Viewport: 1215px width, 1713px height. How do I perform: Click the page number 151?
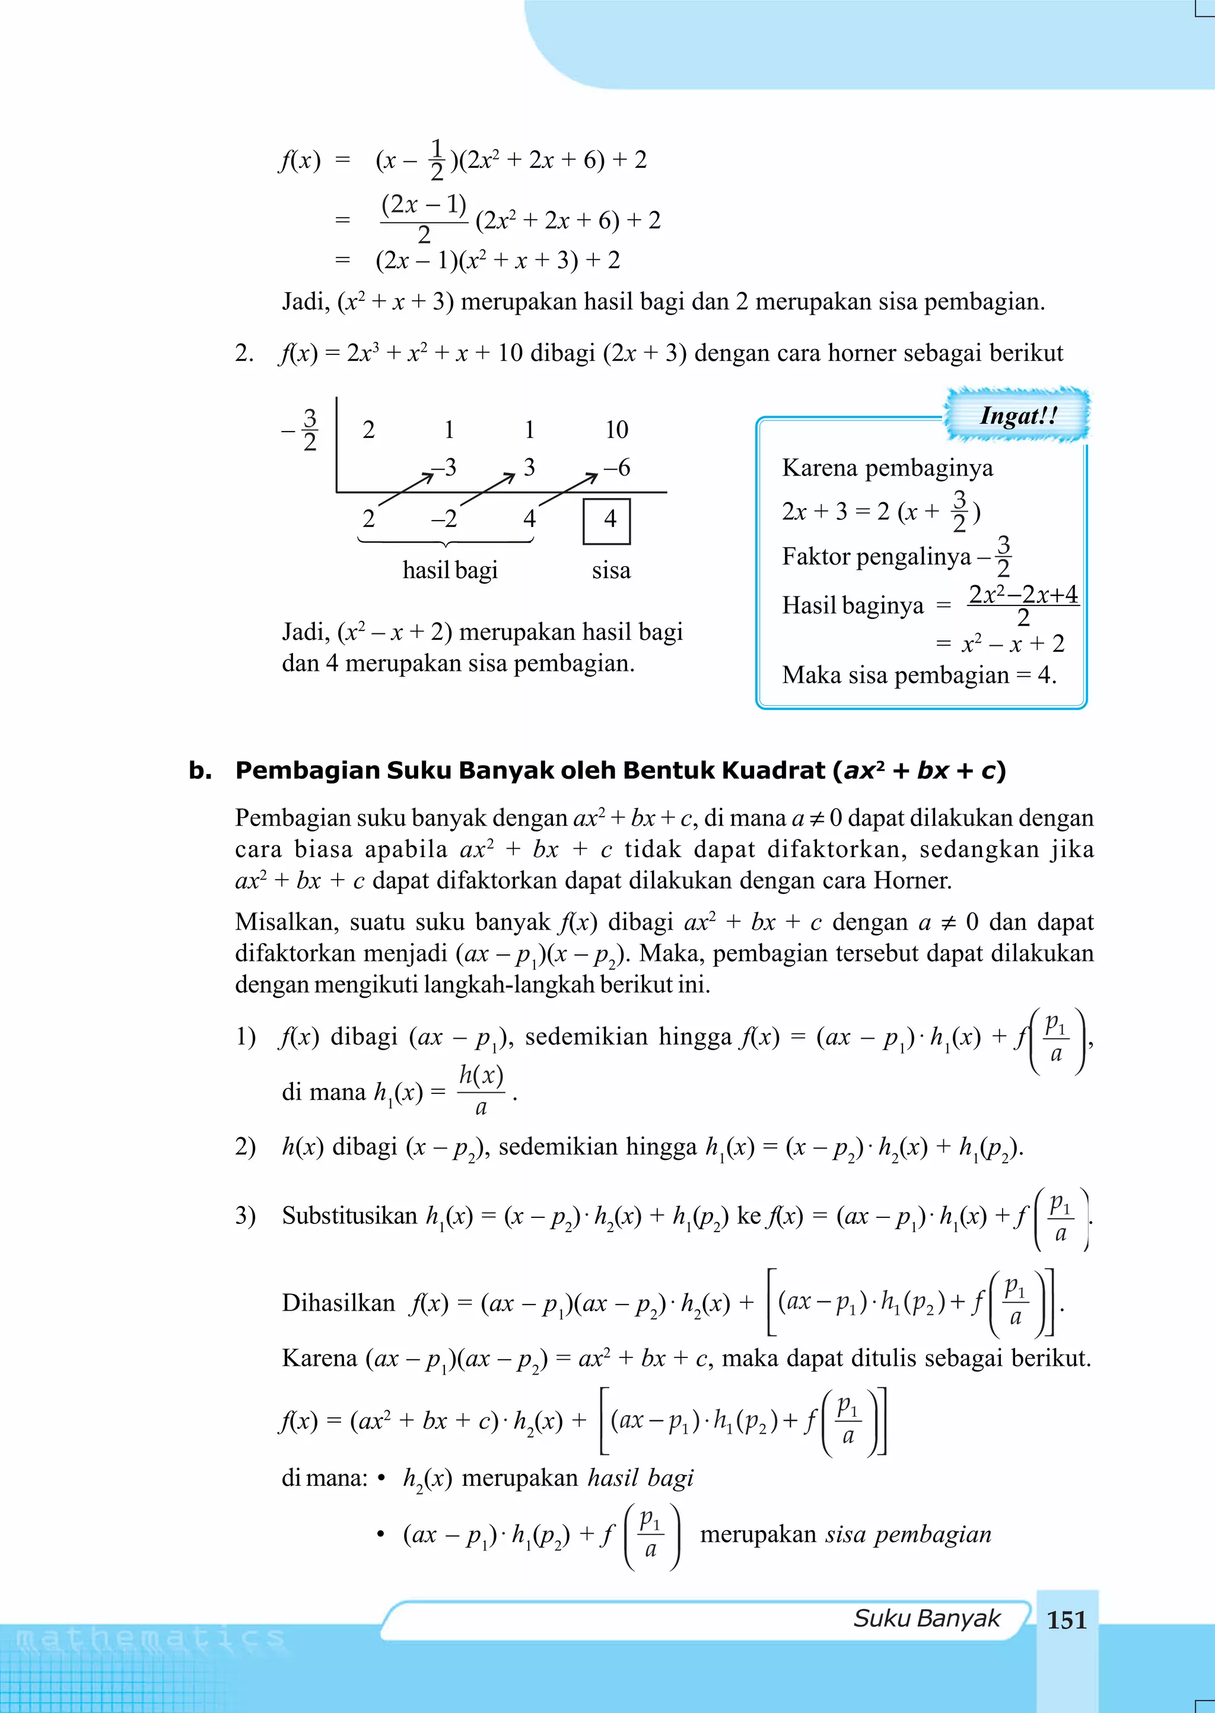pos(1066,1620)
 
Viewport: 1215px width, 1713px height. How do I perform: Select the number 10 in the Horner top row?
pos(616,430)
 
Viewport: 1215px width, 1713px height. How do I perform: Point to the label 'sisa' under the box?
pos(610,570)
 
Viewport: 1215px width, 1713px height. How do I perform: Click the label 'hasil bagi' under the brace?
pos(450,570)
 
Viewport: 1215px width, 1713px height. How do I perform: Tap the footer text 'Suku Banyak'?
pos(926,1619)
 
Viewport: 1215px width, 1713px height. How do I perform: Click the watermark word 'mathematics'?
pos(150,1639)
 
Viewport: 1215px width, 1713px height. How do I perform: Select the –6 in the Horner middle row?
pos(616,468)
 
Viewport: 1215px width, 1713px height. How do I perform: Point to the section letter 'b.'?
pos(201,770)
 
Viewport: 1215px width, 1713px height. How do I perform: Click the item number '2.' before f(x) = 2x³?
pos(244,353)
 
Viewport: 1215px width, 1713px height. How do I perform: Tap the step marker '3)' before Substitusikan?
pos(246,1216)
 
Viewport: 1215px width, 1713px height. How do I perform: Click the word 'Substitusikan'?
pos(349,1216)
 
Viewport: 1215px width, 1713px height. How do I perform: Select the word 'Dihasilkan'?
pos(338,1303)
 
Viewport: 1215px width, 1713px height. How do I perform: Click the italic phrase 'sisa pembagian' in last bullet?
pos(908,1534)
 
